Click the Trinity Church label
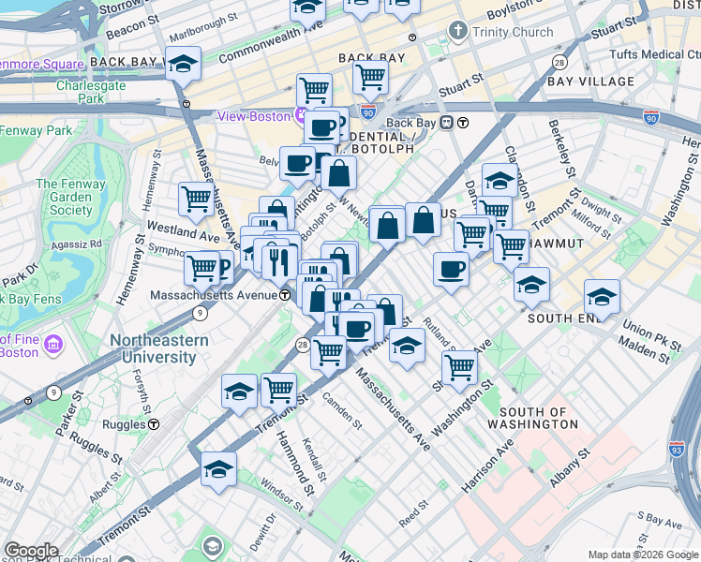(513, 32)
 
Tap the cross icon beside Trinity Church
(458, 31)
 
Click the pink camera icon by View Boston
(300, 116)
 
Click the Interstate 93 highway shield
(678, 450)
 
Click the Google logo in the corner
(31, 551)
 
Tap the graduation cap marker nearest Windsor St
(218, 469)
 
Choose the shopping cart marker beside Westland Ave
(196, 198)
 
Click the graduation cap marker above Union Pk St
(602, 297)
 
